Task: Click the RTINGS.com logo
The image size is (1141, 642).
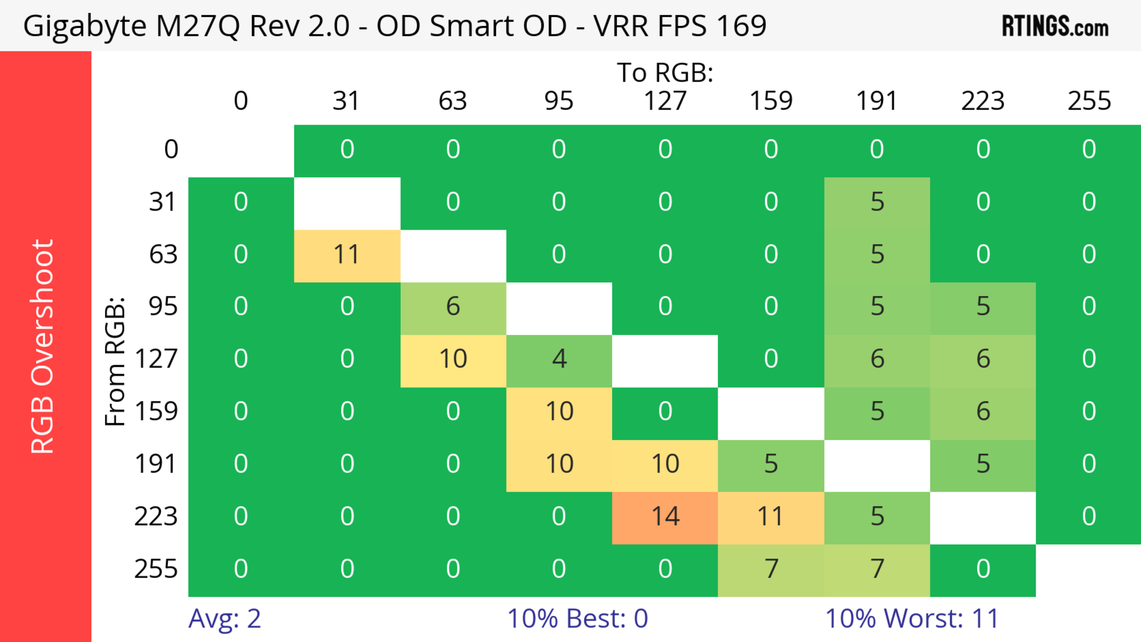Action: point(1055,26)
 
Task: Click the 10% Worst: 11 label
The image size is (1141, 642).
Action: point(912,618)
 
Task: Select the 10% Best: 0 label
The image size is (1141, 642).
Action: point(577,618)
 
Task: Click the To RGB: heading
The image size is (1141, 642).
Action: point(665,72)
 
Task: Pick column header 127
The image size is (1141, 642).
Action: point(665,101)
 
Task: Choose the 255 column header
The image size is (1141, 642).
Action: point(1089,101)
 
